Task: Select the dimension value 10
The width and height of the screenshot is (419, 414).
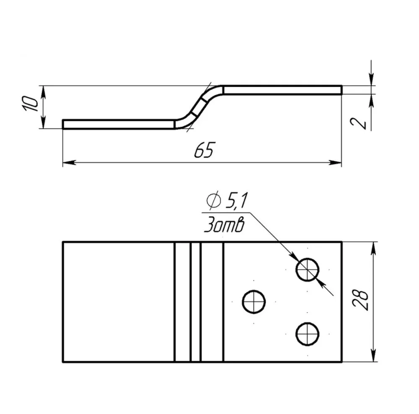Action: pos(30,103)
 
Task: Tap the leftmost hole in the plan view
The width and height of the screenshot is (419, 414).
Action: pos(254,301)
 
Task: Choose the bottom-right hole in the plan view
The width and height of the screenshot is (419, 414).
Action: pos(308,334)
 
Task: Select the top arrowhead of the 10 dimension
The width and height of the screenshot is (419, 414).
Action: pos(42,91)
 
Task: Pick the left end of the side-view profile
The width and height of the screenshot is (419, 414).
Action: pos(64,124)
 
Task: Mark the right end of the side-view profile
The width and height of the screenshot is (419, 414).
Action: pos(341,90)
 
